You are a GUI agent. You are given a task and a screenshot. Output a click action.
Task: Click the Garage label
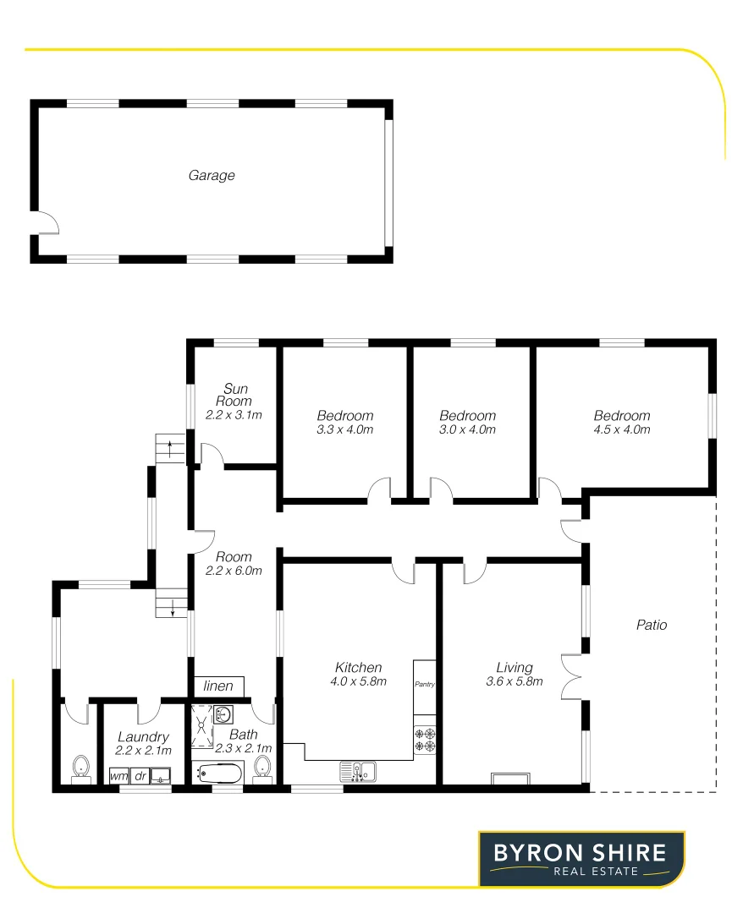tap(212, 176)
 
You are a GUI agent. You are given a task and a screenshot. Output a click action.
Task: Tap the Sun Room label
tap(234, 395)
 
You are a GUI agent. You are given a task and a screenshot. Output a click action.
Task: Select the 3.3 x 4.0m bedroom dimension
tap(345, 429)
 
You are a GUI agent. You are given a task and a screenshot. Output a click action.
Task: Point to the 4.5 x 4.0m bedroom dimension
tap(622, 429)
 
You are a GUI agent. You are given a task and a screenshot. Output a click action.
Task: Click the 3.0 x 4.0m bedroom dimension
tap(467, 429)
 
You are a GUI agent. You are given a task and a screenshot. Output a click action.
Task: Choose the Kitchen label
tap(359, 668)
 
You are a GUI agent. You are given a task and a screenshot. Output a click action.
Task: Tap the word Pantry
tap(424, 684)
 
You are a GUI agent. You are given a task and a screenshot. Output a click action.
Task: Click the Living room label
tap(515, 668)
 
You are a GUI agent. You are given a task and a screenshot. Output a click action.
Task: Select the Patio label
tap(652, 626)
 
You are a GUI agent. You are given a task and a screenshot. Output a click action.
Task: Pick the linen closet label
tap(218, 686)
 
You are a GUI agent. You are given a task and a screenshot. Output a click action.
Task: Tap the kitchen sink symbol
tap(359, 771)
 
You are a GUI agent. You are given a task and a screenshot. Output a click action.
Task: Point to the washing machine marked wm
tap(119, 774)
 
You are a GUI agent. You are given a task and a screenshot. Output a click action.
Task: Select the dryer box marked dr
tap(140, 774)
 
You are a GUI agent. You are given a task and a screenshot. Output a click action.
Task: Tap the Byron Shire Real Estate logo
tap(581, 859)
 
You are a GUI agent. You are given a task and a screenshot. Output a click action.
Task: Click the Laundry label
tap(144, 737)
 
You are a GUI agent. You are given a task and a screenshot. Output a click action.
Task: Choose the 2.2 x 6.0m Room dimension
tap(234, 571)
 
